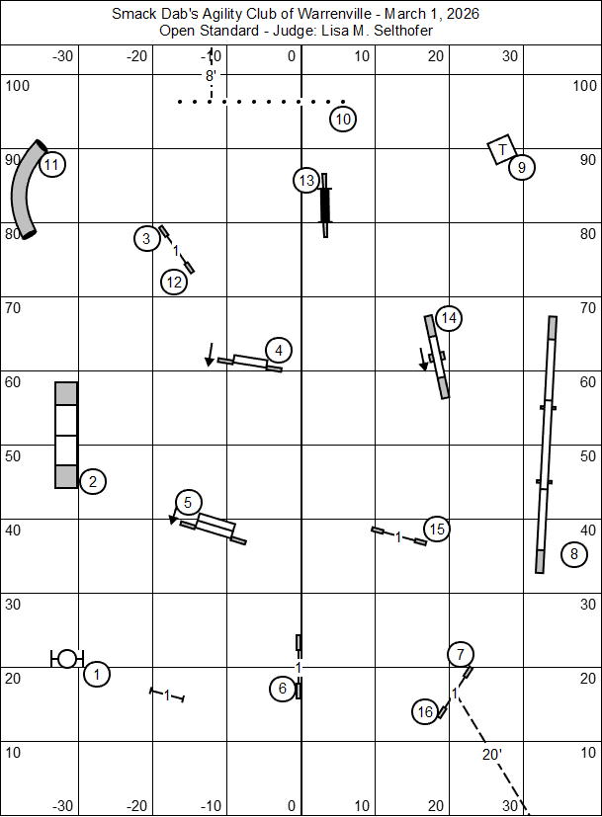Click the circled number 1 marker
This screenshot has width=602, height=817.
click(96, 675)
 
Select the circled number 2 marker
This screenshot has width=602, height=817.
click(92, 482)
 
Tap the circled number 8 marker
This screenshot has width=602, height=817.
click(574, 554)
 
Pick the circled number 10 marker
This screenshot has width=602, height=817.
click(342, 120)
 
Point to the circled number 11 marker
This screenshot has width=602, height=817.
click(51, 165)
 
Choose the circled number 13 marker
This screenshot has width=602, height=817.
click(306, 181)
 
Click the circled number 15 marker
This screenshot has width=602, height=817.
click(437, 530)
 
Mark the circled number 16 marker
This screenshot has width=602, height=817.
click(425, 711)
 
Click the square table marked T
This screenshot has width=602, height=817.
click(502, 149)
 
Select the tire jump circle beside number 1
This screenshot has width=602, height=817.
click(66, 658)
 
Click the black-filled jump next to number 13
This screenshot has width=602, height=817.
click(325, 205)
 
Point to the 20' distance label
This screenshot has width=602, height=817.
click(491, 755)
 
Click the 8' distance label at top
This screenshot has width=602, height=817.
click(211, 74)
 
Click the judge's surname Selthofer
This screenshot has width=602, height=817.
click(400, 31)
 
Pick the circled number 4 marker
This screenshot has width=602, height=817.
click(279, 350)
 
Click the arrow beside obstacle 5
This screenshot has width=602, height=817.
click(174, 518)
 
